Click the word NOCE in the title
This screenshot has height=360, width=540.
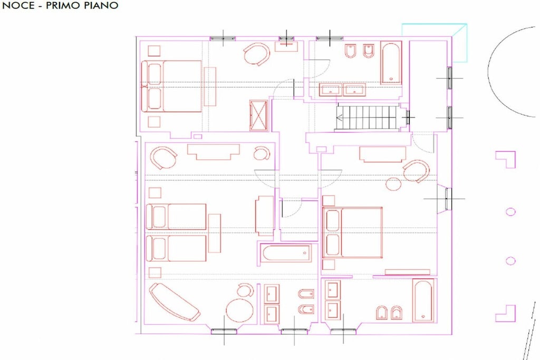pyautogui.click(x=18, y=5)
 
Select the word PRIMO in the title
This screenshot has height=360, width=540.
pyautogui.click(x=66, y=5)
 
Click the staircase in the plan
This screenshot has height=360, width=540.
pyautogui.click(x=368, y=118)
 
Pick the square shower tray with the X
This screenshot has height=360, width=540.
pyautogui.click(x=258, y=115)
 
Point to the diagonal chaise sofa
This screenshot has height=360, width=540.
pyautogui.click(x=174, y=302)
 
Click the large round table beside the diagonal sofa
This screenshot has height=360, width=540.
pyautogui.click(x=240, y=310)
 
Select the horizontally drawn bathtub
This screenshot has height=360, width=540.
pyautogui.click(x=285, y=254)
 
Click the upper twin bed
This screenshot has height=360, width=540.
pyautogui.click(x=176, y=217)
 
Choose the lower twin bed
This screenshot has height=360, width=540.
pyautogui.click(x=176, y=248)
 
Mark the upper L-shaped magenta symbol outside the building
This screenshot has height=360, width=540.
pyautogui.click(x=506, y=159)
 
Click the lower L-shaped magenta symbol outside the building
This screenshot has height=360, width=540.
pyautogui.click(x=506, y=314)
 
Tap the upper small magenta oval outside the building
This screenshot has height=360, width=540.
pyautogui.click(x=510, y=212)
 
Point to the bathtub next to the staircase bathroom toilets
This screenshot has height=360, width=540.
pyautogui.click(x=391, y=62)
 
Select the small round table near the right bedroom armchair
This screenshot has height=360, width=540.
pyautogui.click(x=393, y=183)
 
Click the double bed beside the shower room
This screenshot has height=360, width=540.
pyautogui.click(x=171, y=86)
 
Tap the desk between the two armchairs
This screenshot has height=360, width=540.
pyautogui.click(x=213, y=152)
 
